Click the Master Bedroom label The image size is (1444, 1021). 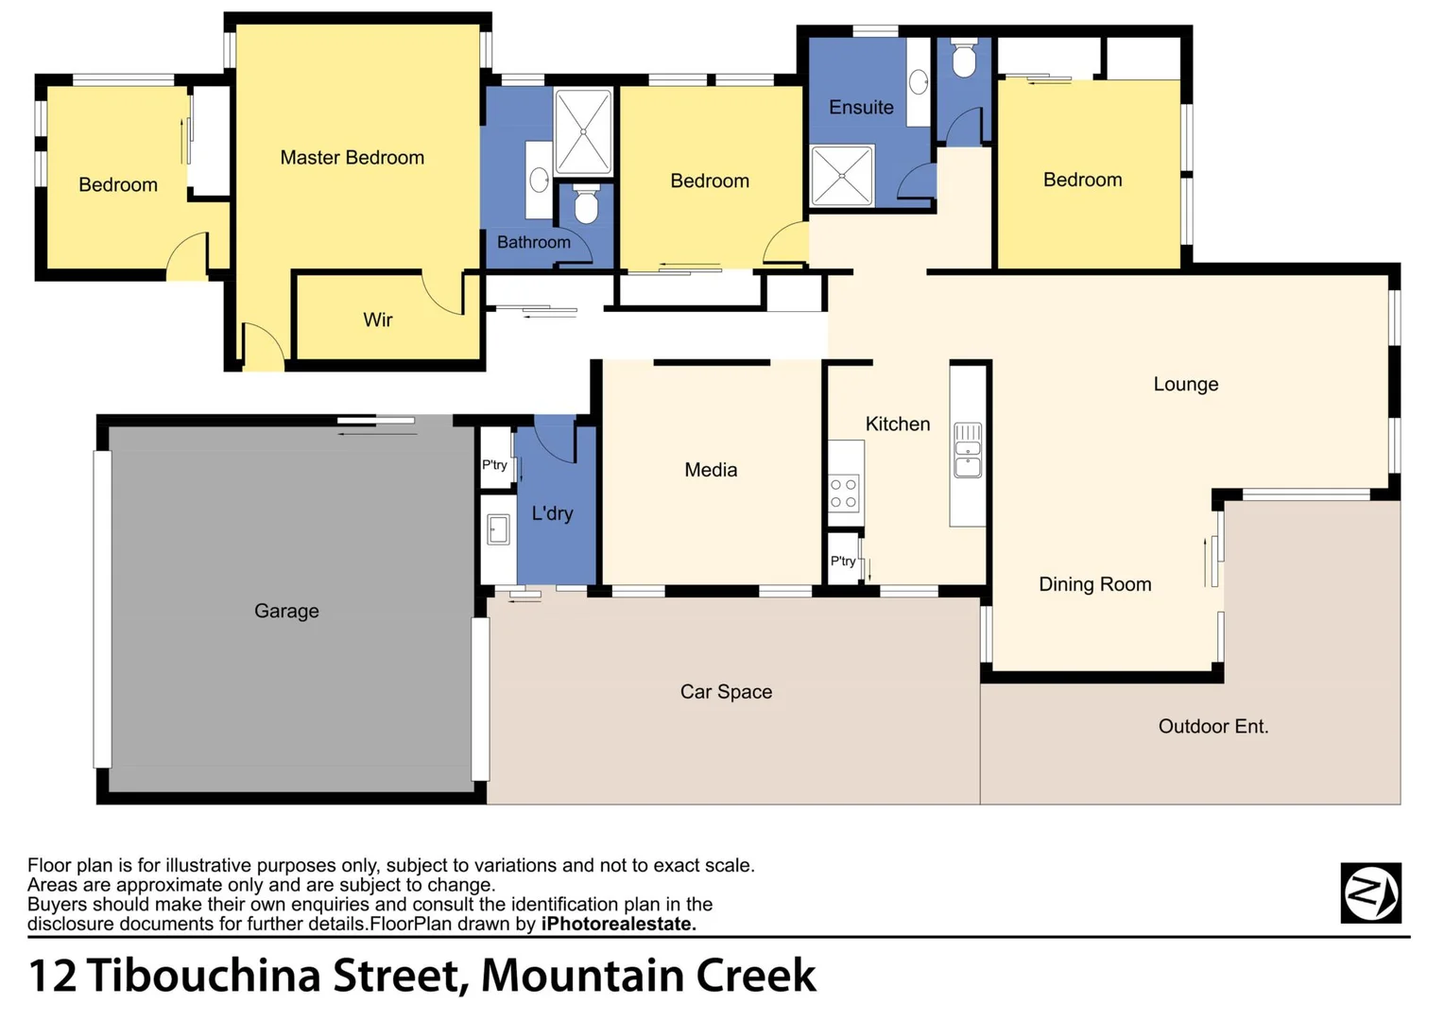tap(352, 158)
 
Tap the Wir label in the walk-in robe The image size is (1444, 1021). tap(377, 320)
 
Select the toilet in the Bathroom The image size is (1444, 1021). tap(586, 205)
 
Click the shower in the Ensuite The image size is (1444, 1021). tap(842, 175)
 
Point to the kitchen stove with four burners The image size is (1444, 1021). tap(844, 493)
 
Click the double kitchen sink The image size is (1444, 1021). tap(968, 451)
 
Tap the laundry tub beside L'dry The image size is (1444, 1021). tap(498, 529)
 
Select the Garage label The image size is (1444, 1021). tap(286, 611)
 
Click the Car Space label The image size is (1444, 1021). tap(726, 691)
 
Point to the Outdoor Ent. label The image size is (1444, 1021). tap(1213, 726)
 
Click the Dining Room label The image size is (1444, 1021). tap(1094, 584)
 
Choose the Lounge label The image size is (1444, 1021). tap(1185, 384)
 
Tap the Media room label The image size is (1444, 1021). tap(711, 470)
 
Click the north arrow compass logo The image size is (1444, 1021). tap(1370, 892)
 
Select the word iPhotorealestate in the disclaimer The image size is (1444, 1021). tap(618, 924)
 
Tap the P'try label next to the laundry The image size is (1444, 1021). tap(494, 464)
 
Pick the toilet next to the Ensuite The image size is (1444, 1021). tap(963, 60)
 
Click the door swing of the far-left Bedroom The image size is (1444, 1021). tap(187, 256)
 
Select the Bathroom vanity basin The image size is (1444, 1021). tap(540, 178)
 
